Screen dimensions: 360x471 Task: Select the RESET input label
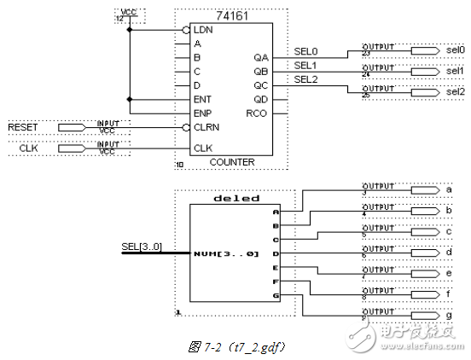(x=24, y=128)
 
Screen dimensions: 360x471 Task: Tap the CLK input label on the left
(x=28, y=149)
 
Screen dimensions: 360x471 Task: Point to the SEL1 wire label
(x=305, y=66)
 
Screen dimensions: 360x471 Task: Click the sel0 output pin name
(x=455, y=51)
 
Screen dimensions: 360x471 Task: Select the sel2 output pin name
(x=455, y=91)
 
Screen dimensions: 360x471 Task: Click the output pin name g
(x=449, y=315)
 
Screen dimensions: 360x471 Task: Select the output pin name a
(x=449, y=189)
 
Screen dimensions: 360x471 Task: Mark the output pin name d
(x=449, y=253)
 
